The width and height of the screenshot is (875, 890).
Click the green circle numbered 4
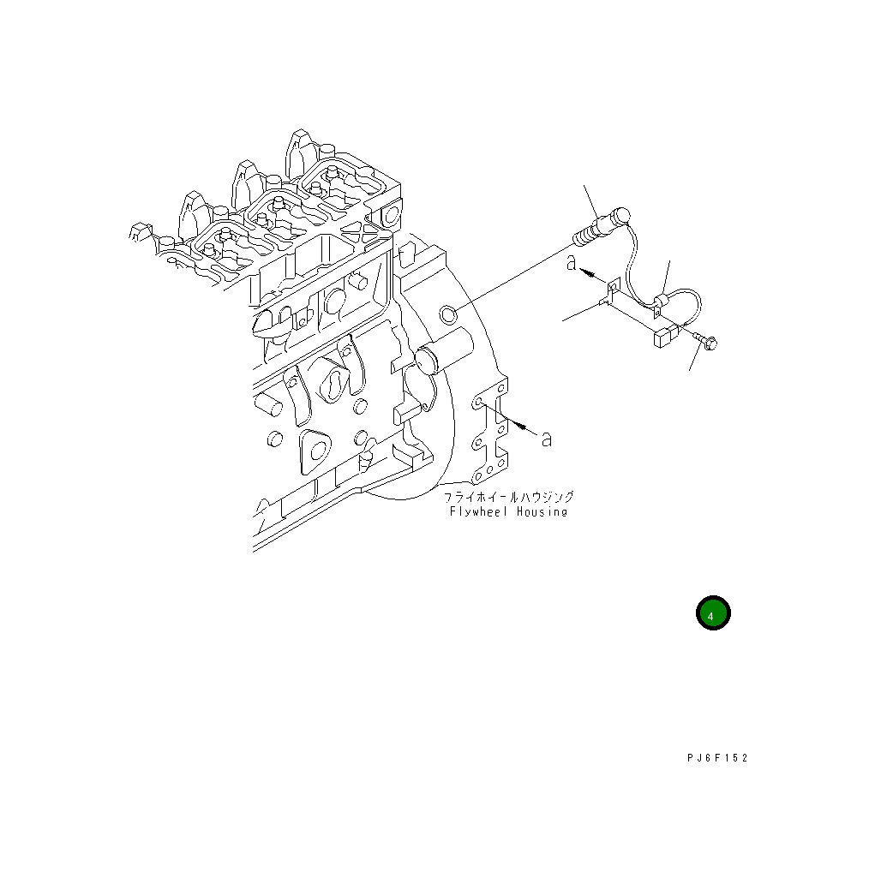713,613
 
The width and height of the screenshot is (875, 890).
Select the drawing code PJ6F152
717,758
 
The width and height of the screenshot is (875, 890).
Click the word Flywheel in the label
477,512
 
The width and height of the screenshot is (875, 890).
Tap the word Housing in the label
542,512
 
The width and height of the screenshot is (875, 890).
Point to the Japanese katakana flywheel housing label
509,497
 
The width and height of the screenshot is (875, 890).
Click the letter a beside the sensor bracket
572,263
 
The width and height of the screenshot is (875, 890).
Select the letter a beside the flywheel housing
546,439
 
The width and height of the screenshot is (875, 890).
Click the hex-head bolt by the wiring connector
705,339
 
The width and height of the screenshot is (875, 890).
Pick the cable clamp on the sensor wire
660,303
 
